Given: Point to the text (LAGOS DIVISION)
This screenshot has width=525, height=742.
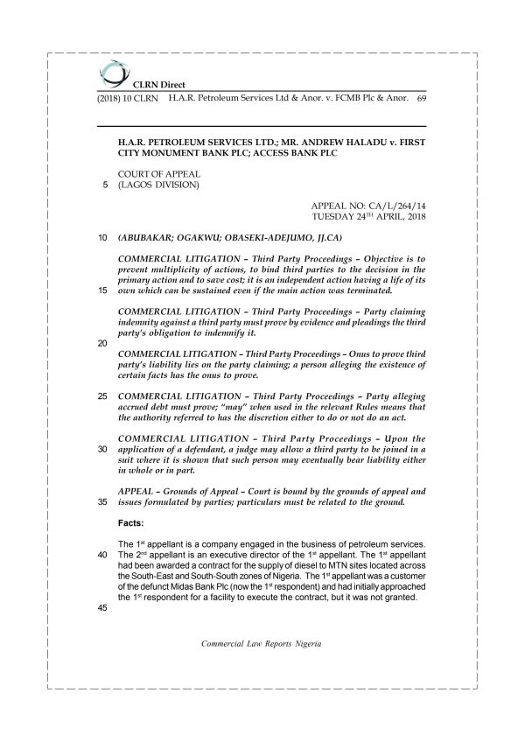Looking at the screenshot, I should point(157,185).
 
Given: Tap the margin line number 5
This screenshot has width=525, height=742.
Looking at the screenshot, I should point(105,185).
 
